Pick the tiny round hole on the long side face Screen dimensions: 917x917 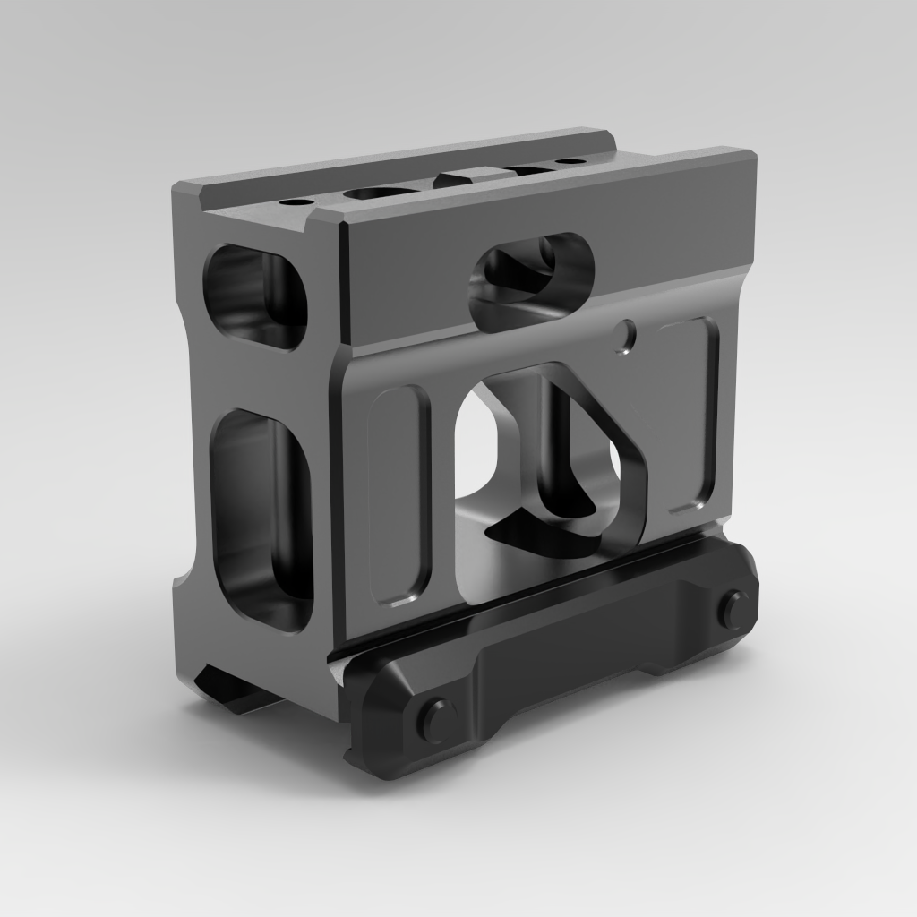(x=628, y=335)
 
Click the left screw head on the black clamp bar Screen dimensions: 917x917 (x=436, y=719)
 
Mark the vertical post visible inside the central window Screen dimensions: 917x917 (x=548, y=439)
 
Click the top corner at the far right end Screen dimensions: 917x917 (x=750, y=154)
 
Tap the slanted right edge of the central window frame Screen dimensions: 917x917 (x=627, y=448)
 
